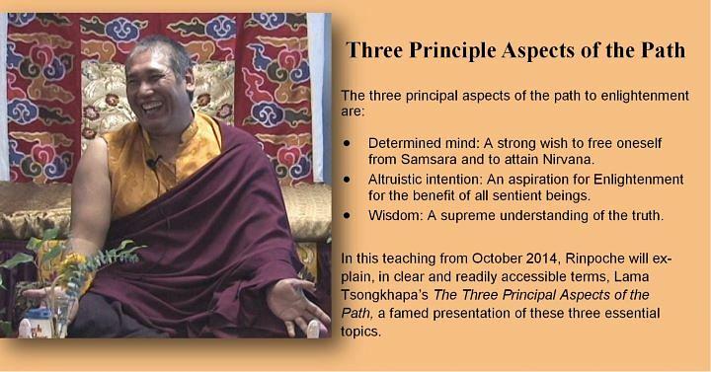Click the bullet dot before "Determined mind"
point(347,143)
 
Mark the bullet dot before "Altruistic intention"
point(347,178)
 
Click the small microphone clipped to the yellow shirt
point(149,161)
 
